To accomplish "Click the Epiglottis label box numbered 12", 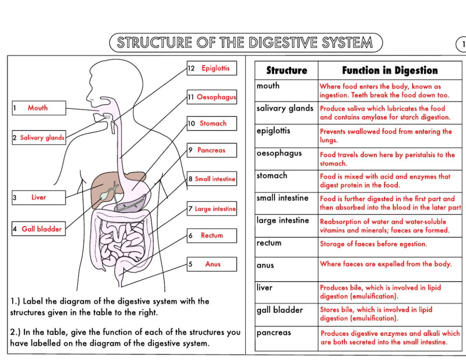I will tap(212, 68).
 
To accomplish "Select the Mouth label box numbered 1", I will tap(38, 108).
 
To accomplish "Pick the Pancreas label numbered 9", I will tap(212, 150).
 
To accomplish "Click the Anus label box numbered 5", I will tap(212, 264).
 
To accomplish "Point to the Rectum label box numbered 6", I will tap(212, 235).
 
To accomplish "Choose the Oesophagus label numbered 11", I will tap(212, 97).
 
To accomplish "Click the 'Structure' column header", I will tap(287, 71).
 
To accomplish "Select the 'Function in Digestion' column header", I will tap(389, 71).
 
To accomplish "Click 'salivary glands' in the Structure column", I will tap(285, 108).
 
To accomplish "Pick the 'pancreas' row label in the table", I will tap(274, 333).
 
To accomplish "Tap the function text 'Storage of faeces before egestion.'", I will tap(373, 244).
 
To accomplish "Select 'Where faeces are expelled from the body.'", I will tap(386, 264).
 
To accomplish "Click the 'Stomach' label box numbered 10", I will tap(212, 123).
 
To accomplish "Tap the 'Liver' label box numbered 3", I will tap(38, 197).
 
